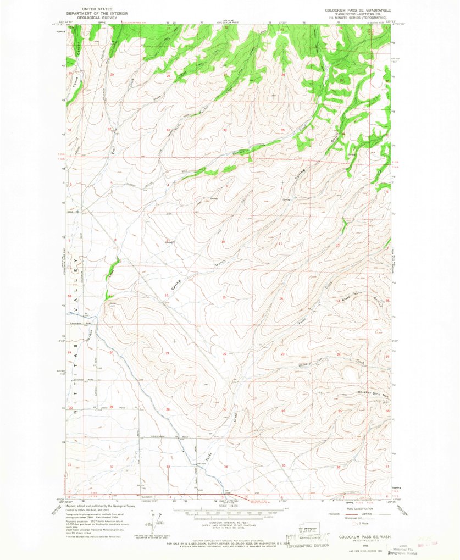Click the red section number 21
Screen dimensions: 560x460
167,353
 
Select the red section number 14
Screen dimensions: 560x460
281,298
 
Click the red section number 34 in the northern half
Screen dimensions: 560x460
225,130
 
